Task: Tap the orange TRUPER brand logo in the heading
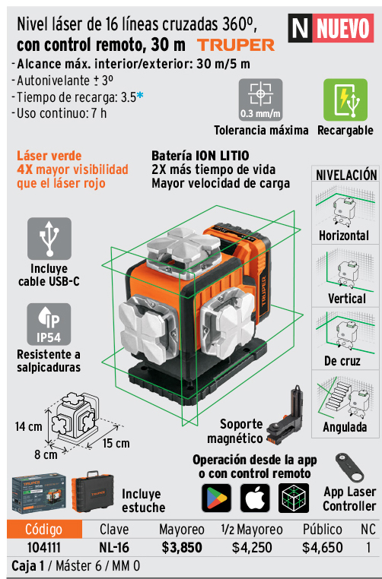point(236,45)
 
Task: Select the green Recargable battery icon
point(345,100)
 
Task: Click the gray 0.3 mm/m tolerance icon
point(260,100)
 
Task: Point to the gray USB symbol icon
point(49,239)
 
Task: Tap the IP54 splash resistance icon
point(49,324)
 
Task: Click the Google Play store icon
point(217,498)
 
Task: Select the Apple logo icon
point(255,498)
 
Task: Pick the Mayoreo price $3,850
point(182,547)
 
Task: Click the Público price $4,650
point(322,547)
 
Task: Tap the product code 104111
point(44,547)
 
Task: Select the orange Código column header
point(44,529)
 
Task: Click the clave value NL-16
point(114,547)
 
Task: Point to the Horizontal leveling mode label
point(343,236)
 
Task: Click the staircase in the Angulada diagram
point(337,397)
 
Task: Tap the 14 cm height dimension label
point(28,427)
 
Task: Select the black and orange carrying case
point(92,492)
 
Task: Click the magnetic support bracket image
point(285,416)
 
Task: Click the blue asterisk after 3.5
point(140,96)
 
